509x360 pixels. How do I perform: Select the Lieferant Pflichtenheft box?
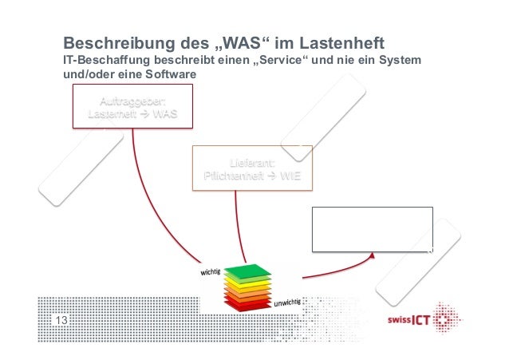point(252,168)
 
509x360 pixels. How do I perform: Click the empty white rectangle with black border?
point(372,229)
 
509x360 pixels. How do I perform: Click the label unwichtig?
point(288,303)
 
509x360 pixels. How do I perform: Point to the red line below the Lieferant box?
point(236,224)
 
